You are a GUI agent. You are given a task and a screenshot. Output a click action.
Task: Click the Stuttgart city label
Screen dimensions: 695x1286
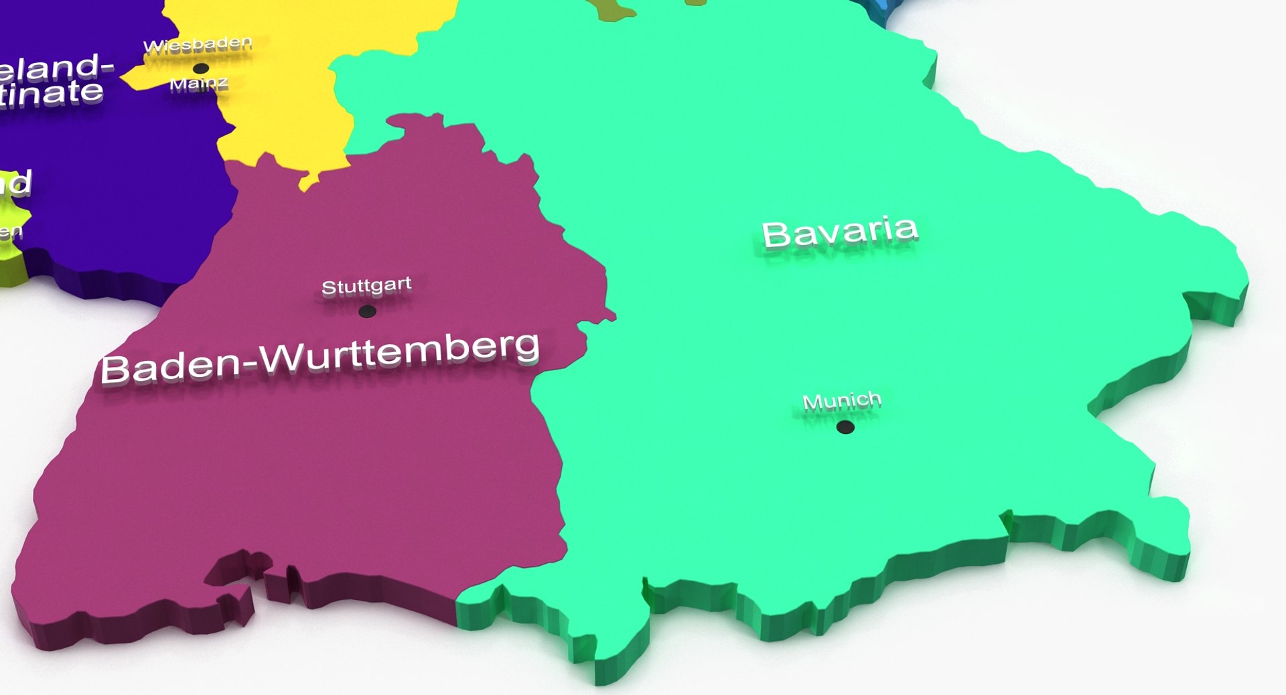pos(366,287)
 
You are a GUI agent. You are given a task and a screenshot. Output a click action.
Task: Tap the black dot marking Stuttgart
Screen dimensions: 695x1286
pos(367,311)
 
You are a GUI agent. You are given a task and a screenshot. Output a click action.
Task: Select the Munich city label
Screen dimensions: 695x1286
pos(842,401)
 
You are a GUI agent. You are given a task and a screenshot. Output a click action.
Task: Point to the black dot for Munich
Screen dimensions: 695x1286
pos(845,427)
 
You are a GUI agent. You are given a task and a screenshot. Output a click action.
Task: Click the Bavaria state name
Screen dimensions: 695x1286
pos(840,232)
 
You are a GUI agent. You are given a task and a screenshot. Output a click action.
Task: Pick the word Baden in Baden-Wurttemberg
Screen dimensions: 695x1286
pos(171,366)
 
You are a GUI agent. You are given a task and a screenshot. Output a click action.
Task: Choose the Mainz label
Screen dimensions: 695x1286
pos(199,84)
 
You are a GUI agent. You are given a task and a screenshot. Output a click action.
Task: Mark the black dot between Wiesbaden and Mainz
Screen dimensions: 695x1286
pos(200,68)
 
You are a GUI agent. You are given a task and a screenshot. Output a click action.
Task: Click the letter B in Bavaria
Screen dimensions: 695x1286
pos(776,234)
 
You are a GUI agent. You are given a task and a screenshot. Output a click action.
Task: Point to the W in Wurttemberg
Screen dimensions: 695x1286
pos(281,358)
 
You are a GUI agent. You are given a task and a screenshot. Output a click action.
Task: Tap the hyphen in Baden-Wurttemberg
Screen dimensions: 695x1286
pos(249,364)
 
